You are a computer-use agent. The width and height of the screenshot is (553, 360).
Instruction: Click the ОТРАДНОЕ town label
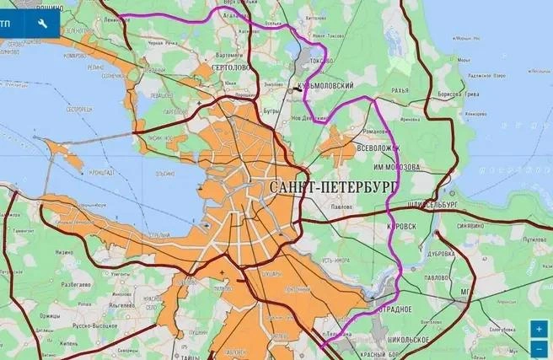(392, 309)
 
